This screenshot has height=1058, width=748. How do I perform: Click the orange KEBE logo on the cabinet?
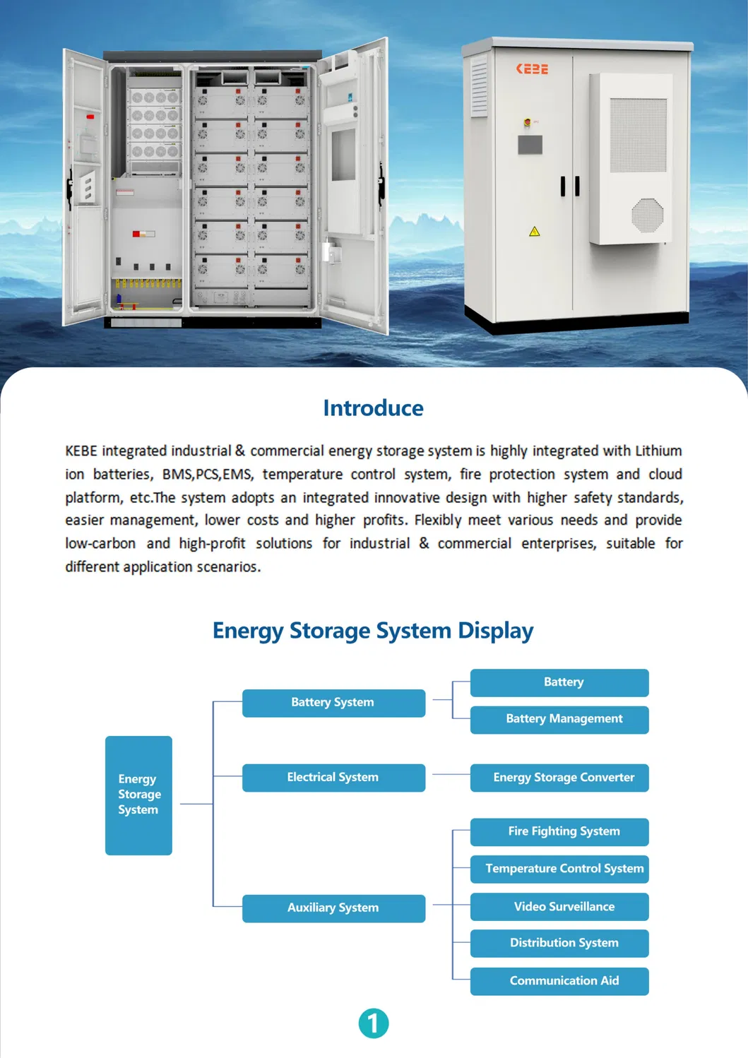point(532,69)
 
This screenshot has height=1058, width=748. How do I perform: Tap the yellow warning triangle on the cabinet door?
point(534,232)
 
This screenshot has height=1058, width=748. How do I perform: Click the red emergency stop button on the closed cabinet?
point(527,122)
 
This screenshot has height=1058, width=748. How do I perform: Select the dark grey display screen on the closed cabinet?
point(530,145)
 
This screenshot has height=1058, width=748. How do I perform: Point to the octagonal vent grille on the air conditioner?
point(648,215)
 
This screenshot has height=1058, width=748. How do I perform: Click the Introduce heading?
point(373,408)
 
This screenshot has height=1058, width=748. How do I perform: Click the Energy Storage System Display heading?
point(373,631)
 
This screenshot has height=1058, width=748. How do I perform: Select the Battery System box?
point(333,703)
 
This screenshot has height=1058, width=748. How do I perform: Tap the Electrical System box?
point(333,778)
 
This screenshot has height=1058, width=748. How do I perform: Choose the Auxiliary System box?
point(333,908)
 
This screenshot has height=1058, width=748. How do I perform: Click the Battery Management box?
point(559,720)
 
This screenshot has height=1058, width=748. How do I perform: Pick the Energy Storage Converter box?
point(559,778)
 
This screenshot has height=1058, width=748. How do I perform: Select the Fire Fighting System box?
point(559,832)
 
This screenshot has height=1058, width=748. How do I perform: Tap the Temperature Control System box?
point(559,869)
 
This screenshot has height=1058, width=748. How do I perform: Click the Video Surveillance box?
point(559,906)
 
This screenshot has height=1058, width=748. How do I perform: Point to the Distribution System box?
point(559,943)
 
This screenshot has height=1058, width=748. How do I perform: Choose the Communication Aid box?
point(559,981)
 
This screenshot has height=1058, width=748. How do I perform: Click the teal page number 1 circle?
point(374,1023)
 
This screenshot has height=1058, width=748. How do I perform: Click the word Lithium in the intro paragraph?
point(658,451)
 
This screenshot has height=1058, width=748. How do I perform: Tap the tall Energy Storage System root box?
point(138,795)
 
